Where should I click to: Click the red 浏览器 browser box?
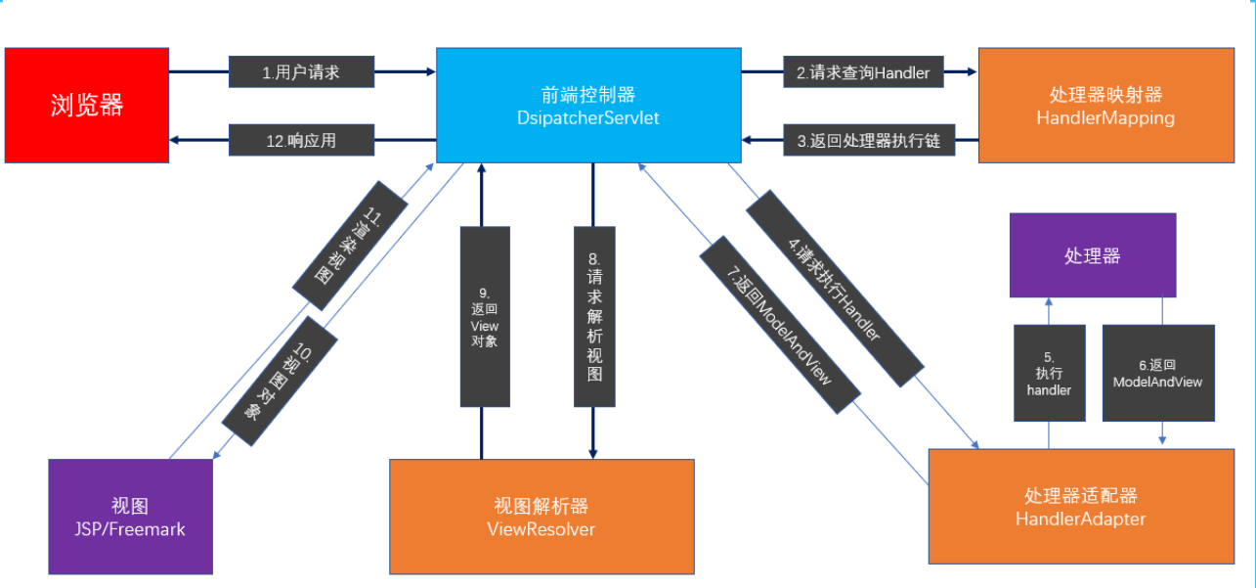[86, 105]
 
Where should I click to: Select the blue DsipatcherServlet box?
[587, 105]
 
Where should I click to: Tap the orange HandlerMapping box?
[1104, 105]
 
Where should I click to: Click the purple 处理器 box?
[1092, 255]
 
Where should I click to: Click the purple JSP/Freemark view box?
[130, 517]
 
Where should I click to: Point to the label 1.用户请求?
[302, 71]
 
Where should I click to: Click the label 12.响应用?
[302, 140]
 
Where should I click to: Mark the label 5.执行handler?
[1049, 373]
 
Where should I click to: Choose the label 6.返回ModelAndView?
[1158, 373]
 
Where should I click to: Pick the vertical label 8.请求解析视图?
[593, 316]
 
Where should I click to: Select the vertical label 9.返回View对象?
[485, 316]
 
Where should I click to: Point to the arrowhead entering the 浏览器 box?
[174, 140]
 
